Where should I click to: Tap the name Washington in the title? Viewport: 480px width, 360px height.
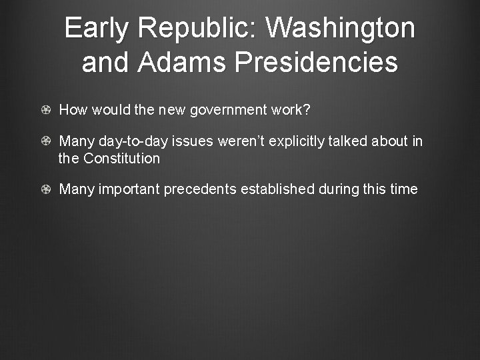340,29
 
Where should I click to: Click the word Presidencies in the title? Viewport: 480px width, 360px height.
317,63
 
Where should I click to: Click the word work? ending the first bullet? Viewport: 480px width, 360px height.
291,110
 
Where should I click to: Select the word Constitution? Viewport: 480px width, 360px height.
121,159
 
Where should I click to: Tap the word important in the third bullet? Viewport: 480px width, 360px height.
129,189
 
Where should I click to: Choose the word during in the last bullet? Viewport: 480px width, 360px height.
339,189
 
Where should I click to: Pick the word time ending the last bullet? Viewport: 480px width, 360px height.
403,189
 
